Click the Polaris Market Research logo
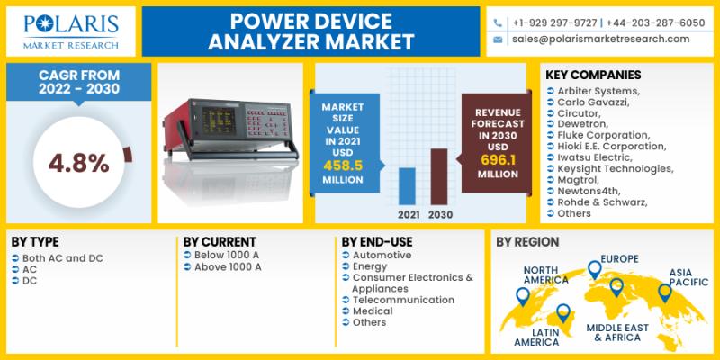[71, 31]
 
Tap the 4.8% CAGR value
[79, 163]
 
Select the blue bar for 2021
[407, 186]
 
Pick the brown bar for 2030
[439, 176]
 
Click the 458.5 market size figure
[343, 166]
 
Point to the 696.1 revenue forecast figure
[499, 160]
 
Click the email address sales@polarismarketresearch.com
[601, 39]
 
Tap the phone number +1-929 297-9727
[554, 23]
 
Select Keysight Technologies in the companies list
[616, 169]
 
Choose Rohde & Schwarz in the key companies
[602, 202]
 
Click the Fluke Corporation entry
[603, 136]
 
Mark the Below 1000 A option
[228, 255]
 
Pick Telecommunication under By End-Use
[403, 300]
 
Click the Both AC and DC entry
[63, 258]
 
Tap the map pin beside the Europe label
[595, 269]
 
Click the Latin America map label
[536, 337]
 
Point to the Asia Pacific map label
[688, 277]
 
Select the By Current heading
[220, 242]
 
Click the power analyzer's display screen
[219, 121]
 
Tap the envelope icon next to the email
[498, 40]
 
